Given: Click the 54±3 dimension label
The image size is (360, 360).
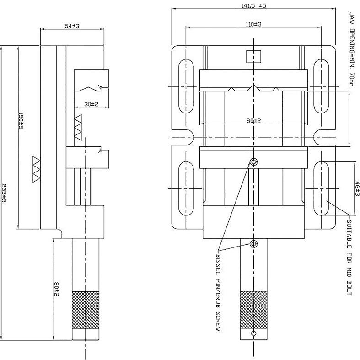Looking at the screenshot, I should coord(72,27).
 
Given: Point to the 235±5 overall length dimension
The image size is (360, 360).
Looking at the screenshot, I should coord(4,194).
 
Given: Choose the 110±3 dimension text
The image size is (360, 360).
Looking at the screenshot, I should coord(253,24).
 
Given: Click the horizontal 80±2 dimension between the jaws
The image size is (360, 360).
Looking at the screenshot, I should coord(253,121).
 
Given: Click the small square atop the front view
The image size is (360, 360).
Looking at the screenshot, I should coord(253,56).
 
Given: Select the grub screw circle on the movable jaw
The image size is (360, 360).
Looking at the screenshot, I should coord(253,161).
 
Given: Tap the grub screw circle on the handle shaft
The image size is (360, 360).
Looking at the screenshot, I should coord(253,243).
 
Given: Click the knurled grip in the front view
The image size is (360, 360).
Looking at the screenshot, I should coord(253,310).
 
